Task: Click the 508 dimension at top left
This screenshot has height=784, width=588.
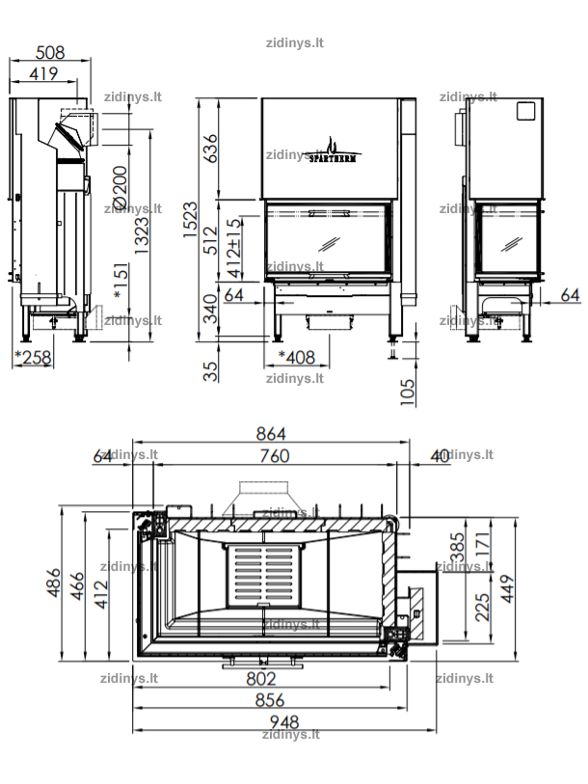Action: click(x=50, y=52)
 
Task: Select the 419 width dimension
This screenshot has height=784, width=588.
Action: click(x=43, y=73)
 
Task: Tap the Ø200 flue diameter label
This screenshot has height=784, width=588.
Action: click(x=120, y=188)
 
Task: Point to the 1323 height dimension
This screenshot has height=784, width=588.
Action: click(x=142, y=235)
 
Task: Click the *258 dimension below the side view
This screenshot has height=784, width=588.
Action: click(x=33, y=357)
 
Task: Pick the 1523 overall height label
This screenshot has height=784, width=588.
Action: click(x=190, y=220)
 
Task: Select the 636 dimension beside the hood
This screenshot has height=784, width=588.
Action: click(x=210, y=148)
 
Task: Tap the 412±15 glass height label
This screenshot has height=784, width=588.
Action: click(x=234, y=248)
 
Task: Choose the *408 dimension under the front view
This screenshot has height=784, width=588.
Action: click(x=297, y=357)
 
